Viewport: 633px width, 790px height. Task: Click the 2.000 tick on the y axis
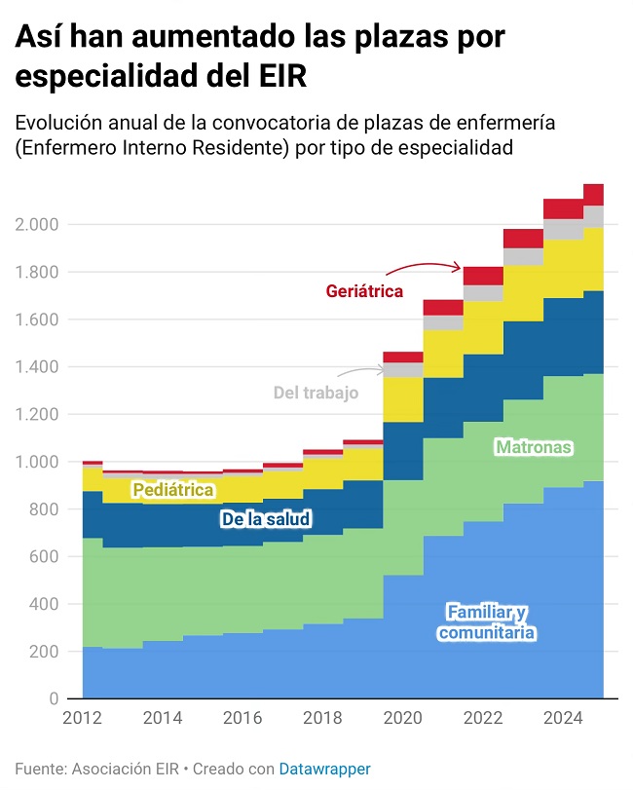click(x=38, y=225)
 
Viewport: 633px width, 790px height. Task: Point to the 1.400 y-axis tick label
click(x=38, y=367)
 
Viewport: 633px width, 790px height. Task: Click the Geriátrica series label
click(x=364, y=290)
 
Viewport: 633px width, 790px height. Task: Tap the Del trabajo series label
click(x=316, y=393)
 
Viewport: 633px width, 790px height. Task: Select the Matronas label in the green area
click(x=533, y=447)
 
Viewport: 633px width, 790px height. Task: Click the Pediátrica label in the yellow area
click(x=173, y=489)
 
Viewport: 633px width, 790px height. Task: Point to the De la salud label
click(x=266, y=519)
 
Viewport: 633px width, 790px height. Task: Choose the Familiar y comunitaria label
click(x=487, y=622)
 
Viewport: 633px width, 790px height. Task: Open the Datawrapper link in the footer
click(x=324, y=769)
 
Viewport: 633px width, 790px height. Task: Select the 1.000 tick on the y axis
click(x=38, y=462)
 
